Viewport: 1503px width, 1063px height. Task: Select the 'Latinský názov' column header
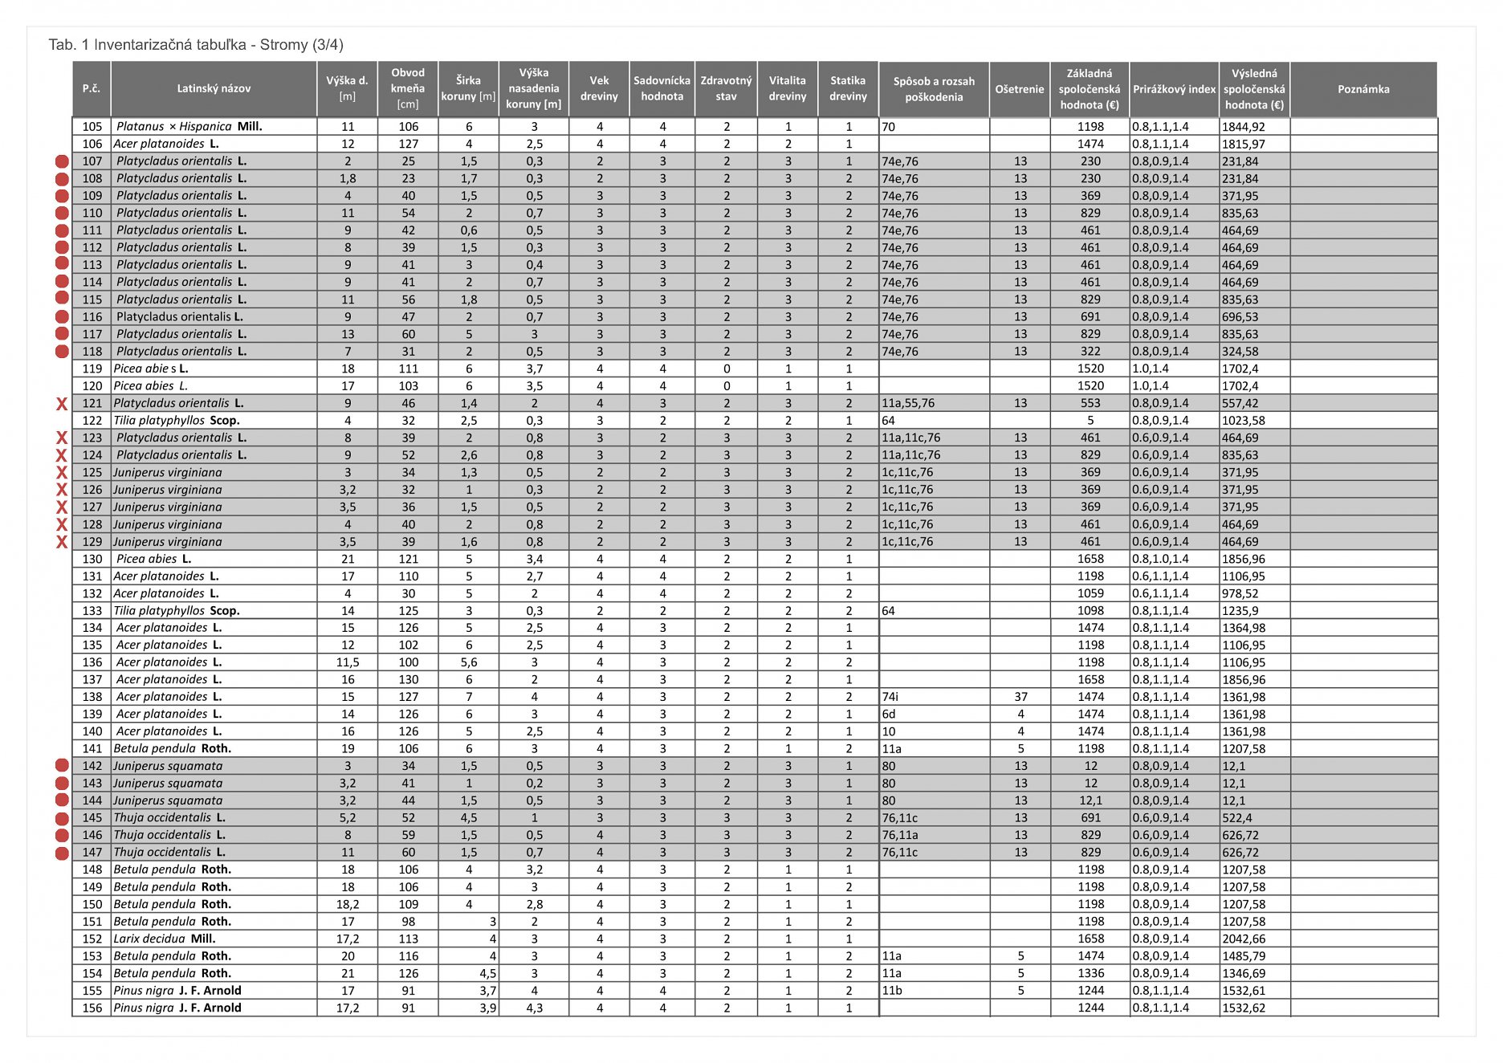pos(214,89)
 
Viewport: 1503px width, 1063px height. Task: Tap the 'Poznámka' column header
pos(1362,89)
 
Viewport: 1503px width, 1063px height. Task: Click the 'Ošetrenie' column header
pos(1019,89)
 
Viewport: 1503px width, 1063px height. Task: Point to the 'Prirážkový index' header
pos(1174,89)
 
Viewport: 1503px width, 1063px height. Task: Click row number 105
pos(92,127)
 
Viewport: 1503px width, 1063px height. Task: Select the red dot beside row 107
pos(62,161)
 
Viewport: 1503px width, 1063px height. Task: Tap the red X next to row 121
pos(62,404)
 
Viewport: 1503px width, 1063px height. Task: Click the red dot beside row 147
pos(62,853)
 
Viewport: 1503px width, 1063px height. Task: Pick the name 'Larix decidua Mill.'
pos(165,939)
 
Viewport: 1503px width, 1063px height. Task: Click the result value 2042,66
pos(1244,939)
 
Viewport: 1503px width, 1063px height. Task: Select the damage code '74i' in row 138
pos(890,697)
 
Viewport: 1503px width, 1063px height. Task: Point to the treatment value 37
pos(1020,697)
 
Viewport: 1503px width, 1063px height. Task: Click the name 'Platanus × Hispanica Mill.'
pos(189,127)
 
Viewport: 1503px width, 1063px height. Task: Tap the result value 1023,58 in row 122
pos(1244,421)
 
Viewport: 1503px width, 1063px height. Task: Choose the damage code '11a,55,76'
pos(908,404)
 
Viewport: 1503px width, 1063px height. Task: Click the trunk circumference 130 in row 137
pos(408,679)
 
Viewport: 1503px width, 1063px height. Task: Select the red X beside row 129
pos(62,542)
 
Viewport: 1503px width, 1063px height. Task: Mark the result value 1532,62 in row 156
pos(1244,1008)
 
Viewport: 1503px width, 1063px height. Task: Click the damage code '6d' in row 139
pos(889,714)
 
